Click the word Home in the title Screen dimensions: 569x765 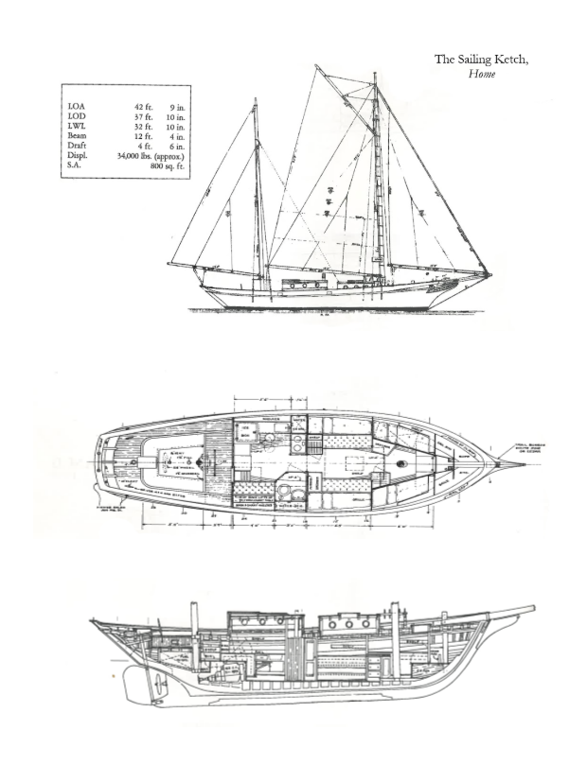coord(482,74)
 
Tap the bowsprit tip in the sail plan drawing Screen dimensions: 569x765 coord(490,275)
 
